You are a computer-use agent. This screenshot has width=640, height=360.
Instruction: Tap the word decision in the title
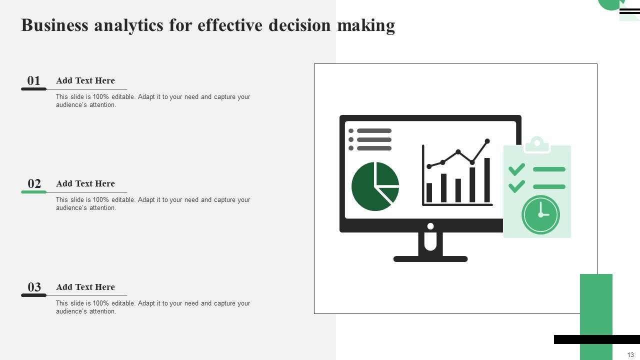pyautogui.click(x=299, y=25)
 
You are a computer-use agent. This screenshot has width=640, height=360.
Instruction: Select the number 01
pyautogui.click(x=33, y=80)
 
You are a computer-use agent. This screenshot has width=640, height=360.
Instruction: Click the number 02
pyautogui.click(x=34, y=183)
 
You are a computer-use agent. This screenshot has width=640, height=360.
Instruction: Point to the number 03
pyautogui.click(x=34, y=287)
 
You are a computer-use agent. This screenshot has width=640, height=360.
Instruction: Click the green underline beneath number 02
pyautogui.click(x=33, y=192)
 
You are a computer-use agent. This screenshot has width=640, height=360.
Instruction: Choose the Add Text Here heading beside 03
pyautogui.click(x=85, y=287)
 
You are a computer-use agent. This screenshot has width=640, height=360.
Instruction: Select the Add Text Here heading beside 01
pyautogui.click(x=85, y=80)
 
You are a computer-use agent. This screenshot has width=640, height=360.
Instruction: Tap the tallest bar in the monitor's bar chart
pyautogui.click(x=487, y=180)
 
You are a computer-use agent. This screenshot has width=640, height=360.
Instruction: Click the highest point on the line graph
pyautogui.click(x=487, y=141)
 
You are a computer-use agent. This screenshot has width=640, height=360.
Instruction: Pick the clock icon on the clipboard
pyautogui.click(x=540, y=214)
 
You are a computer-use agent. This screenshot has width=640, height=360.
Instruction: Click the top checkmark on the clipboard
pyautogui.click(x=516, y=169)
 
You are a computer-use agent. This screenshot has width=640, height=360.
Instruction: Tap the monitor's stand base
pyautogui.click(x=430, y=259)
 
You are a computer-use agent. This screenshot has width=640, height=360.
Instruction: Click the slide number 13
pyautogui.click(x=630, y=354)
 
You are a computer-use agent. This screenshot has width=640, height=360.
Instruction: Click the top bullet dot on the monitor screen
pyautogui.click(x=351, y=131)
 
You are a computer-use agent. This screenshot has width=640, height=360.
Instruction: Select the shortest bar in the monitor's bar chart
pyautogui.click(x=429, y=192)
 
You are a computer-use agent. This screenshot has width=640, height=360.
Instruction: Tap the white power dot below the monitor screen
pyautogui.click(x=430, y=226)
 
